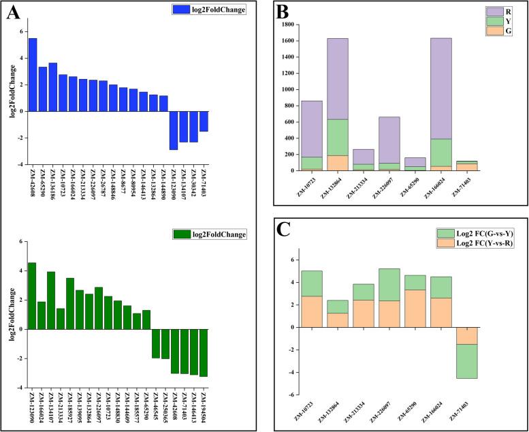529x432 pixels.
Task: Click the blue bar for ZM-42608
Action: pos(33,74)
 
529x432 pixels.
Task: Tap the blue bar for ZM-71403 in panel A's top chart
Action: pos(204,121)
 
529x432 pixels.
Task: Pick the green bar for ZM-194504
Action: pos(203,352)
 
